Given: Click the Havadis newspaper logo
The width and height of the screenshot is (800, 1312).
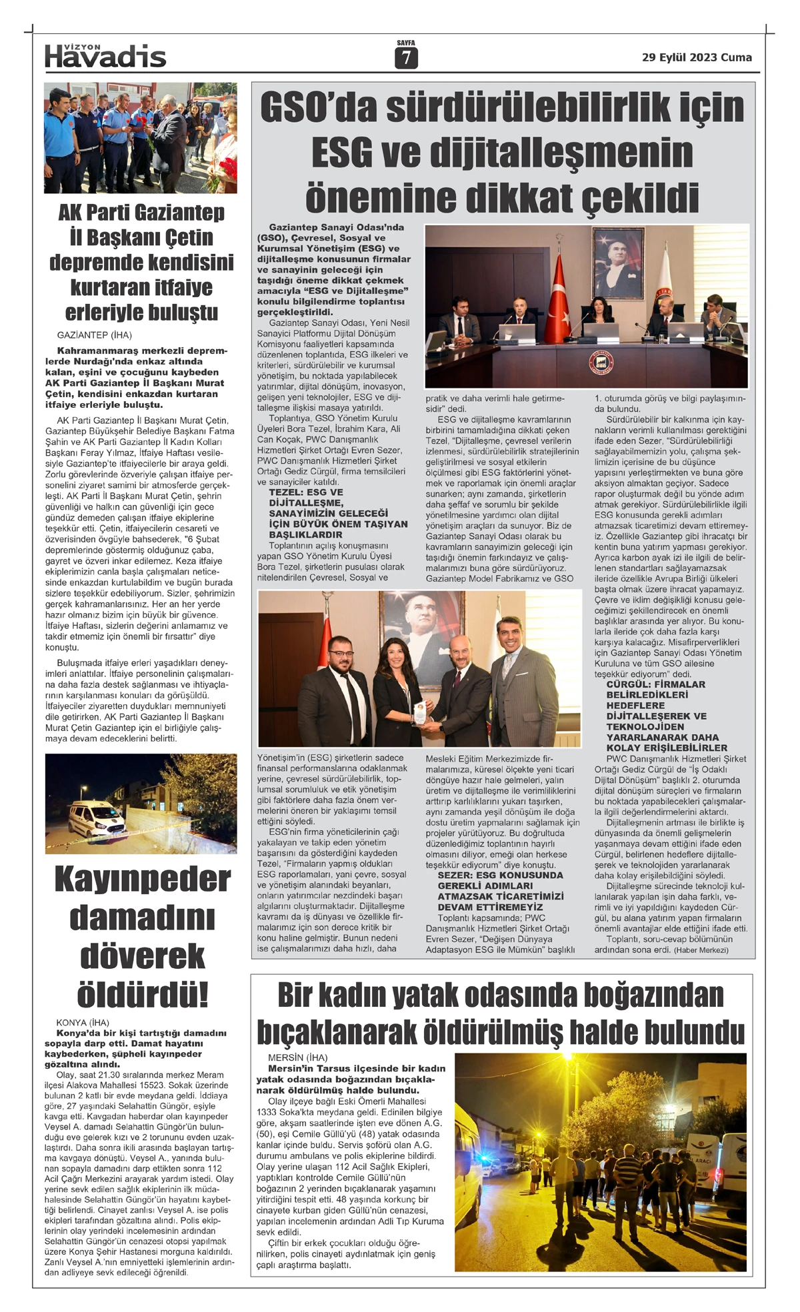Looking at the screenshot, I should pyautogui.click(x=105, y=56).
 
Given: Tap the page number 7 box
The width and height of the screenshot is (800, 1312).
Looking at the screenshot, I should pyautogui.click(x=405, y=59).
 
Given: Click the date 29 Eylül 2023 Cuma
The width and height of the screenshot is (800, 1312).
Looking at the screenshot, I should pyautogui.click(x=697, y=57).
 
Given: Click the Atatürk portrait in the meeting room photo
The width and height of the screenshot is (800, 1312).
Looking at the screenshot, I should pyautogui.click(x=617, y=261).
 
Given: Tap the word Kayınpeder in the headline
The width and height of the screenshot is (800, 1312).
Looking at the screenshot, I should pyautogui.click(x=142, y=880).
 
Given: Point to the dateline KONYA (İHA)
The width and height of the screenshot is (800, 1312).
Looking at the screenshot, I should pyautogui.click(x=83, y=1022).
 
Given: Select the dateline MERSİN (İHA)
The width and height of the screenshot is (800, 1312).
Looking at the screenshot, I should pyautogui.click(x=298, y=1057).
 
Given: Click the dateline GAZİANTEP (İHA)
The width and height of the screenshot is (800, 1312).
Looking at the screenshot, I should pyautogui.click(x=94, y=335).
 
